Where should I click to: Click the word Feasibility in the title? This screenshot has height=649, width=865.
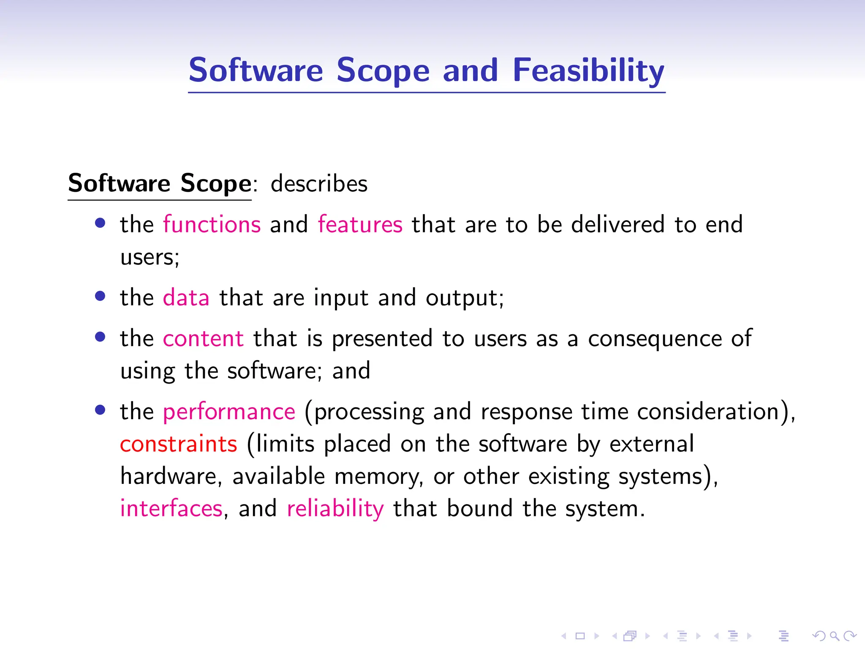tap(588, 70)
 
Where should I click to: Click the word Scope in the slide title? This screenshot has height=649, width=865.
tap(383, 70)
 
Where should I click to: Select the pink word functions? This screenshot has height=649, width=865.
tap(212, 224)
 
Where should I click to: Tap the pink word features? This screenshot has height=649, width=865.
tap(360, 224)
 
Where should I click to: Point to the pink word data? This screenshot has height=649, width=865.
tap(186, 297)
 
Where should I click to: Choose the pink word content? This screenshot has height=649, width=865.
tap(203, 338)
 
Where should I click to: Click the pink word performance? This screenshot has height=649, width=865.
tap(229, 412)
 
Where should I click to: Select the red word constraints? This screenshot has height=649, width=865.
tap(179, 444)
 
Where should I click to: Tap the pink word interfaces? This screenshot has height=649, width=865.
tap(171, 508)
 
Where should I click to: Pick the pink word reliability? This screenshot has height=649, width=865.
tap(335, 508)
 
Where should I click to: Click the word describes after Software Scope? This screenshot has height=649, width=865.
tap(319, 184)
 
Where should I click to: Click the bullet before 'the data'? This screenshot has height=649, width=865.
tap(100, 296)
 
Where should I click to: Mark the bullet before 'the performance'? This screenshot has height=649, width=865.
tap(100, 410)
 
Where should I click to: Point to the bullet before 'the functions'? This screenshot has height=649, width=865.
tap(100, 223)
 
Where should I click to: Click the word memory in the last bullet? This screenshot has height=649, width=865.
tap(378, 477)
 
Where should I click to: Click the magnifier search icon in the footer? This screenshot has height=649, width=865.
tap(834, 635)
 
